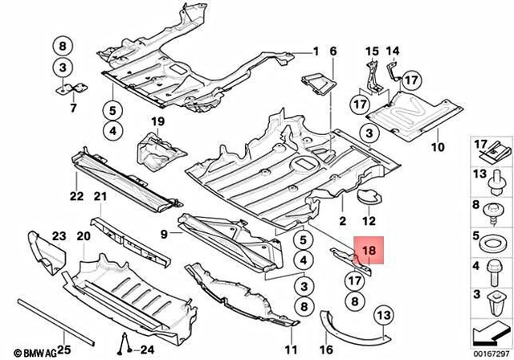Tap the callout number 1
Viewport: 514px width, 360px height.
click(x=316, y=51)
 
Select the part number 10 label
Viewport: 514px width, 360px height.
click(x=438, y=148)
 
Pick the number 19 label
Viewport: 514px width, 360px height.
click(x=157, y=121)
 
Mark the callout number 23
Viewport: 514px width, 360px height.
click(x=59, y=235)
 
